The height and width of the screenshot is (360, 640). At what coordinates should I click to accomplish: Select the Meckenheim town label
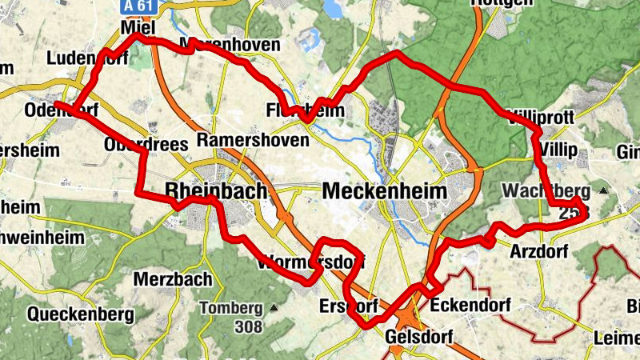[x=385, y=191]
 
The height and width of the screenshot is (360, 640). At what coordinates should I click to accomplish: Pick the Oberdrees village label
[x=146, y=144]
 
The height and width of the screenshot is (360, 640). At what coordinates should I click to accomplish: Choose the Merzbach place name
[x=173, y=279]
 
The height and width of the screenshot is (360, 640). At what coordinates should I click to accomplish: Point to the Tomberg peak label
[x=230, y=308]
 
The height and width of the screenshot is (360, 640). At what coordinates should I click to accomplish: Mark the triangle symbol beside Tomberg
[x=274, y=307]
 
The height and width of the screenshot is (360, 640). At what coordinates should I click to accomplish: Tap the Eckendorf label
[x=467, y=306]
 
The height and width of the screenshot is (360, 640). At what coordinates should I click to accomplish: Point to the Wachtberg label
[x=546, y=191]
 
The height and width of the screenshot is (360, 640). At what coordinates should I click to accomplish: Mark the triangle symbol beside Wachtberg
[x=602, y=191]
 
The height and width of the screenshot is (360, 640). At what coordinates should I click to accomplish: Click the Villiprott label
[x=540, y=117]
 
